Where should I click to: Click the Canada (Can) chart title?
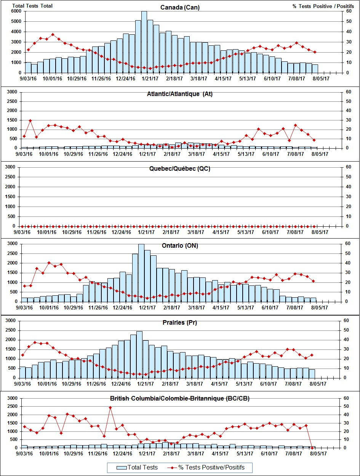(x=180, y=8)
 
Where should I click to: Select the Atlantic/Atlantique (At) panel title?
(x=180, y=94)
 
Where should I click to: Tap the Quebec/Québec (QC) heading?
(x=180, y=169)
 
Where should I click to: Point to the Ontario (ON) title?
(x=180, y=246)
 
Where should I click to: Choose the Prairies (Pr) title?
(x=180, y=323)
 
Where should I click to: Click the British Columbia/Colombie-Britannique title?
(x=180, y=399)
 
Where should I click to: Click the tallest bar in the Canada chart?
(x=144, y=42)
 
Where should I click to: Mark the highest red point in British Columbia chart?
(x=110, y=407)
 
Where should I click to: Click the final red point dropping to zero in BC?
(x=312, y=447)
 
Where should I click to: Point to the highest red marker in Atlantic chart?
(x=30, y=120)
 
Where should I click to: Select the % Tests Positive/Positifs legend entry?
(x=206, y=467)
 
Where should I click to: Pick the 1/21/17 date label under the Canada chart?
(x=149, y=79)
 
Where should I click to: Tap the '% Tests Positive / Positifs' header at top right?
(x=322, y=6)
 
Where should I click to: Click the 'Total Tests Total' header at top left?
(x=32, y=6)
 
